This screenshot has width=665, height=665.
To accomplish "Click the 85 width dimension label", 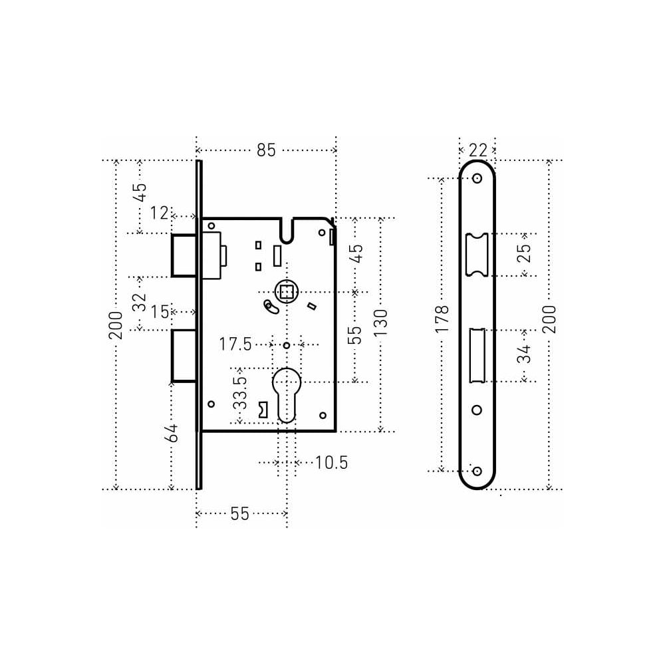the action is point(266,150).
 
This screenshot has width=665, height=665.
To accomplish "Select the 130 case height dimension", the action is point(381,323).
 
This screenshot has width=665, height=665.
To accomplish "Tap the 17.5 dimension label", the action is point(235,344).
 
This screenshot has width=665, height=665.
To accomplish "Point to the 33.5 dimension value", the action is point(240,393).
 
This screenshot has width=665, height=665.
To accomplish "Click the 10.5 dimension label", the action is point(332,462).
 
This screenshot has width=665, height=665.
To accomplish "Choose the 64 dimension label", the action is point(172,433).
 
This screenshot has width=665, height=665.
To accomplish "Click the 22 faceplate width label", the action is point(478,150).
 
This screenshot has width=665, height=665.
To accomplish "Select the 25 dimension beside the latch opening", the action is point(524,253).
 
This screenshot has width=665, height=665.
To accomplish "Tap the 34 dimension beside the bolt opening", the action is point(524,354).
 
